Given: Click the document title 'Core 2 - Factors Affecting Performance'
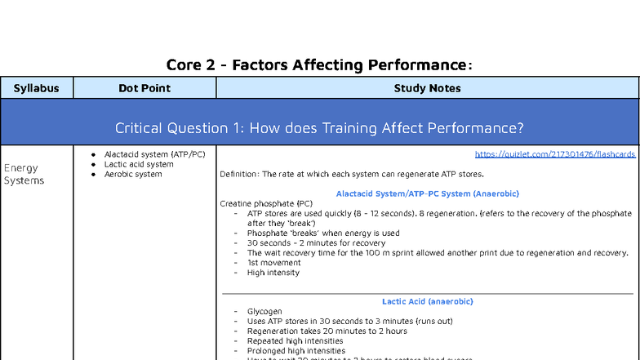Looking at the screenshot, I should [319, 64].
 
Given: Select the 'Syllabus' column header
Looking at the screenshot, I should [37, 88].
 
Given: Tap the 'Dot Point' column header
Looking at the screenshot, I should [144, 88].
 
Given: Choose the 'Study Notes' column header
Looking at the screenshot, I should [427, 88].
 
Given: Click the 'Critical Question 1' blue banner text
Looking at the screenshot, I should [319, 128].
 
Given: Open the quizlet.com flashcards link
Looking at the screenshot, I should [554, 154].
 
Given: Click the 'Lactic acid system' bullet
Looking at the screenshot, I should [139, 164].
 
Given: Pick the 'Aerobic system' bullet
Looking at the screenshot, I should [133, 174].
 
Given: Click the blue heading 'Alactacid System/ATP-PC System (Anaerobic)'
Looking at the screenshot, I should [427, 193].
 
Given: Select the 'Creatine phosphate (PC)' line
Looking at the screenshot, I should [266, 203].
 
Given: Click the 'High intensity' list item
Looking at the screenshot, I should [273, 273].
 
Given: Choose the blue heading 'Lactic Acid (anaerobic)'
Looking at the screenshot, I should [427, 301].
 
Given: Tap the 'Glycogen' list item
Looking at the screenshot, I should [264, 312].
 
